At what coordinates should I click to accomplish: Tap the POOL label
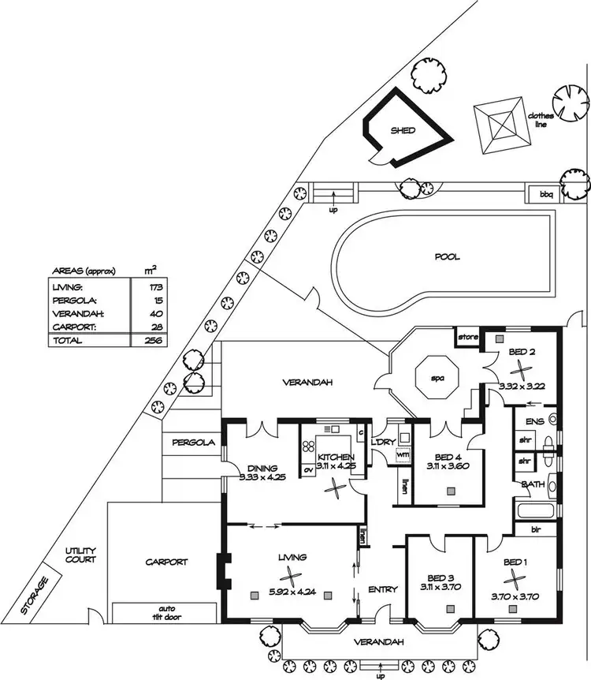pos(446,257)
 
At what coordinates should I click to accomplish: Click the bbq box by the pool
pos(546,193)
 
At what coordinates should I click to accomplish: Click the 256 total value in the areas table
pos(142,340)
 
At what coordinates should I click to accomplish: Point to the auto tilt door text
pos(165,613)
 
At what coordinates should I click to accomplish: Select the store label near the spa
pos(468,338)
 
